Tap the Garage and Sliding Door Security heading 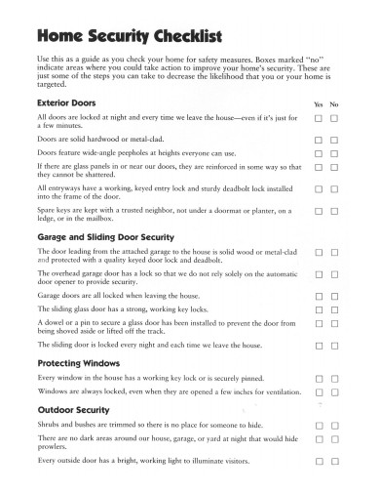click(x=105, y=237)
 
